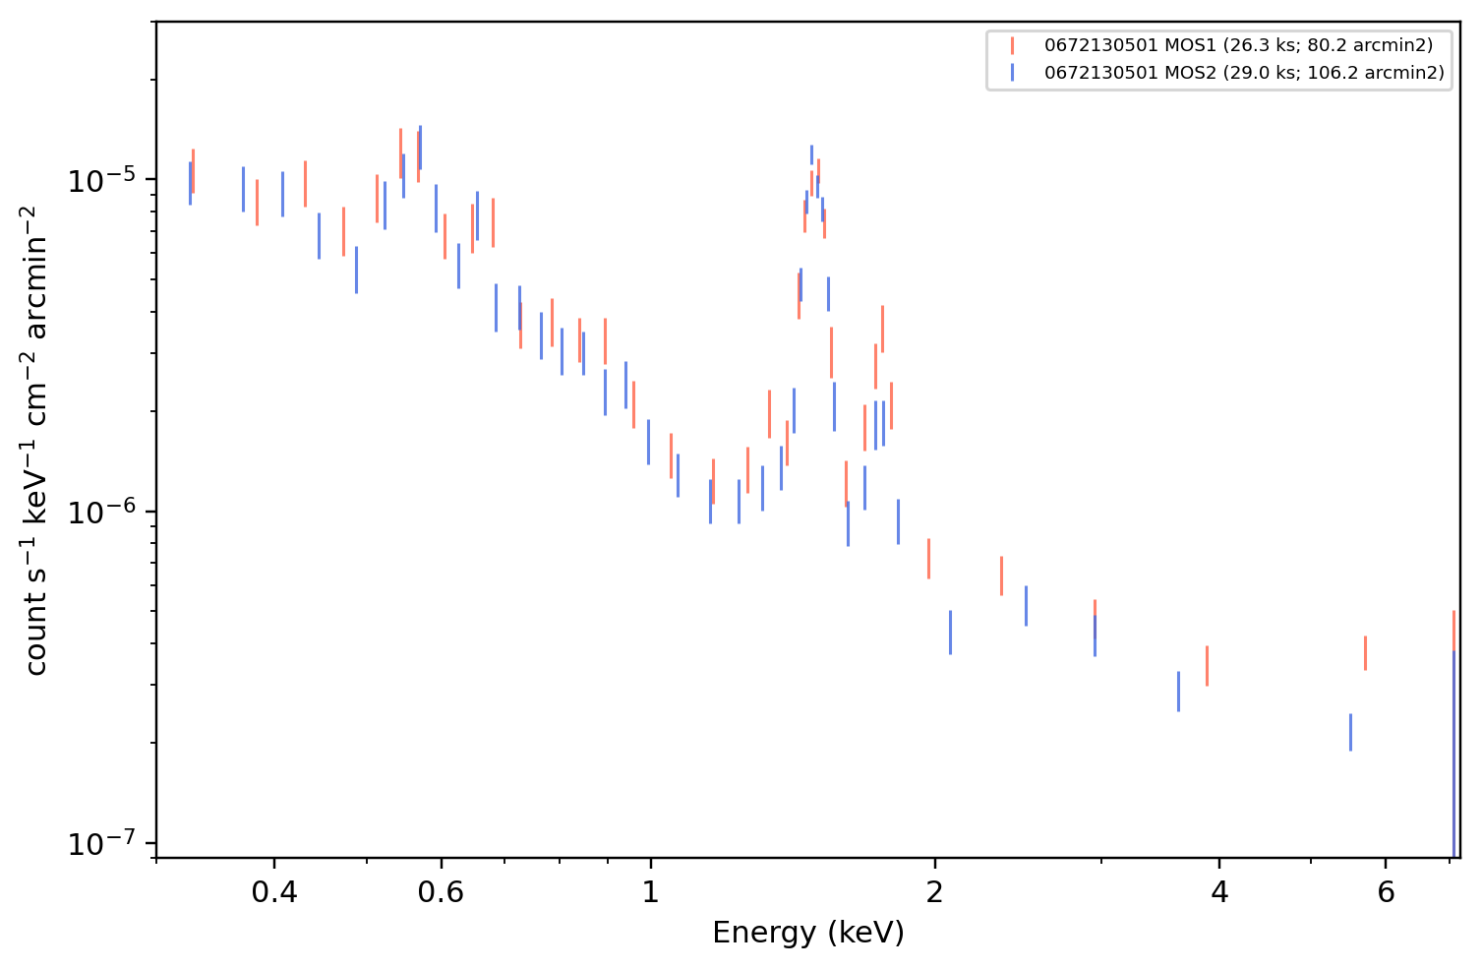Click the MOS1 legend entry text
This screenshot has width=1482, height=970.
pyautogui.click(x=1238, y=45)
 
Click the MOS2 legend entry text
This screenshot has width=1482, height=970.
pyautogui.click(x=1244, y=72)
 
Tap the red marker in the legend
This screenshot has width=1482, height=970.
pyautogui.click(x=1012, y=45)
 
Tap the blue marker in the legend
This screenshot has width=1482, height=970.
pyautogui.click(x=1012, y=72)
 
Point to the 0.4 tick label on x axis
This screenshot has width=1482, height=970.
pyautogui.click(x=274, y=892)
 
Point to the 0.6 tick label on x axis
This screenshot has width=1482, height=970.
pyautogui.click(x=441, y=892)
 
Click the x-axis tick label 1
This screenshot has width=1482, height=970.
pyautogui.click(x=651, y=892)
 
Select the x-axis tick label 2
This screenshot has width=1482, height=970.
pyautogui.click(x=934, y=892)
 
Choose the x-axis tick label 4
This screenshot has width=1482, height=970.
pyautogui.click(x=1219, y=892)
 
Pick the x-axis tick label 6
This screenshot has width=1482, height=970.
pyautogui.click(x=1386, y=892)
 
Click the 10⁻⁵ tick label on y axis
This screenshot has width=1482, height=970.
pyautogui.click(x=101, y=180)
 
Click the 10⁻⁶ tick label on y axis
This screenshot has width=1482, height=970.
pyautogui.click(x=101, y=512)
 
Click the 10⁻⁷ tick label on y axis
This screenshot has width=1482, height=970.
pyautogui.click(x=101, y=844)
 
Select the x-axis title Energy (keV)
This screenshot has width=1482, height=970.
pyautogui.click(x=807, y=933)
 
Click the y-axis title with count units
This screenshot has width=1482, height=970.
pyautogui.click(x=35, y=441)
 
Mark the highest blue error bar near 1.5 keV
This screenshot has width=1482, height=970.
pyautogui.click(x=811, y=154)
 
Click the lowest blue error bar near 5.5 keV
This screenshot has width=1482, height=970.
pyautogui.click(x=1350, y=733)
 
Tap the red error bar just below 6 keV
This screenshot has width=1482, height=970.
pyautogui.click(x=1365, y=653)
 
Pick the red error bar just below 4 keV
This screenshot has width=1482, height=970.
pyautogui.click(x=1207, y=666)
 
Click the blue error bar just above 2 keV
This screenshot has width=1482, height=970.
pyautogui.click(x=950, y=633)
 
